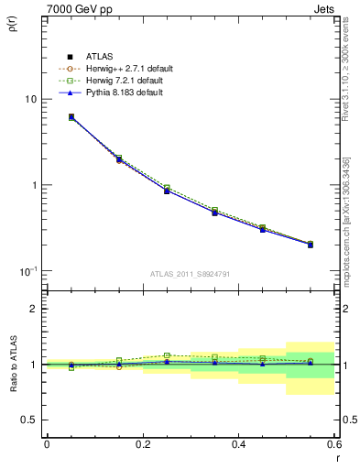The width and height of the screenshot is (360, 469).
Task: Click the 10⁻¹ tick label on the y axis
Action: [27, 271]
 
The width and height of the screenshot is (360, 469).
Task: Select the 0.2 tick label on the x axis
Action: [142, 445]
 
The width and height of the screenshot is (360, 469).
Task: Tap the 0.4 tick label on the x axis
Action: [238, 445]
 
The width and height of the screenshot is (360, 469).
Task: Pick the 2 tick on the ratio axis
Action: [32, 309]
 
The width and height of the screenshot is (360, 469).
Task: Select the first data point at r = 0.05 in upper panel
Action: [71, 117]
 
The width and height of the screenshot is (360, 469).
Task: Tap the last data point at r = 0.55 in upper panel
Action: [311, 245]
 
